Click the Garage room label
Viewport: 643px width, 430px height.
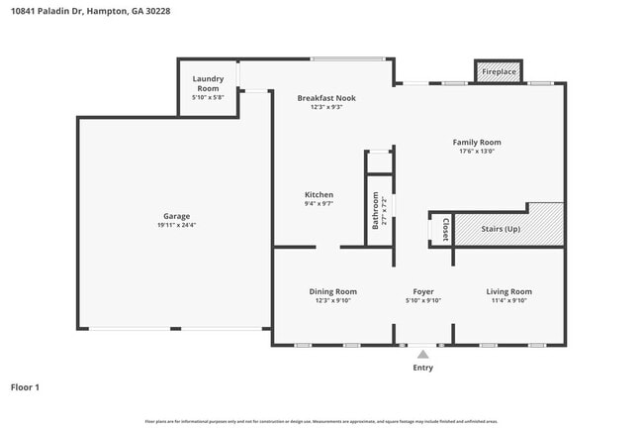point(176,216)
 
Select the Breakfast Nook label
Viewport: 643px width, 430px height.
point(326,98)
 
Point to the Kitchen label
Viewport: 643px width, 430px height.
point(319,195)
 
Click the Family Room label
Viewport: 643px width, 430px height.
point(477,143)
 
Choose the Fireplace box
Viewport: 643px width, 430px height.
point(500,72)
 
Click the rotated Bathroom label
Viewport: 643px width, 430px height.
point(376,210)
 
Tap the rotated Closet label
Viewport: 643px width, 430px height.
point(445,228)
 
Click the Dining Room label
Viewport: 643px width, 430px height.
point(332,291)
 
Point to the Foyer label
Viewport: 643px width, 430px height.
point(423,291)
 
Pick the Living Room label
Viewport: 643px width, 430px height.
point(508,291)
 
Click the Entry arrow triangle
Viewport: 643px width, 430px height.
point(423,353)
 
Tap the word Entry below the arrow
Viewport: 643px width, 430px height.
point(422,368)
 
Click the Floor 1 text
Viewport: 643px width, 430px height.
point(25,387)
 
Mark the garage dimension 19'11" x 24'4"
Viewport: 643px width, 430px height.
point(176,225)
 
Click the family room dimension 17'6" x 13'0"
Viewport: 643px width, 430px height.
point(477,152)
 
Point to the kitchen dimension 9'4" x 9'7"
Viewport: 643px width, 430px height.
point(319,204)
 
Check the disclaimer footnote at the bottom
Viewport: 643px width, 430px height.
point(321,421)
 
